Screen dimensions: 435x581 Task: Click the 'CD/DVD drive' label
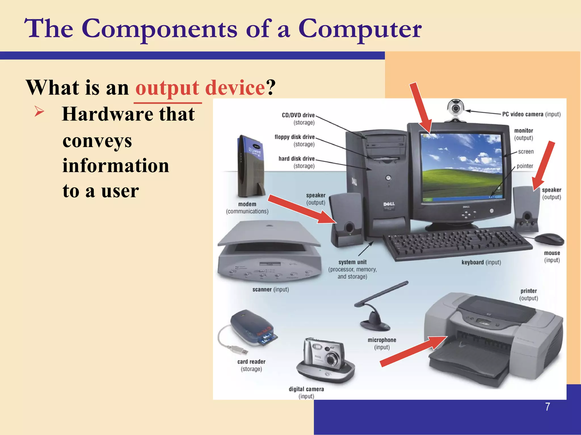tap(298, 115)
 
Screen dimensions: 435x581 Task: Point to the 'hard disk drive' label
tap(296, 159)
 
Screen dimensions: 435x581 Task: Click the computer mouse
tap(549, 239)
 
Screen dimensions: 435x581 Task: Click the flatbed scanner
tap(270, 252)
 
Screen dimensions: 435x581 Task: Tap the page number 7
tap(547, 407)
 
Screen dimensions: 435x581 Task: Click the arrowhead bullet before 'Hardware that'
tap(39, 111)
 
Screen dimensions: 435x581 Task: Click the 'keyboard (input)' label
tap(481, 262)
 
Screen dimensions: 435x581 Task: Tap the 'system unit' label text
tap(352, 262)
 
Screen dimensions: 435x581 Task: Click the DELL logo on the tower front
tap(389, 204)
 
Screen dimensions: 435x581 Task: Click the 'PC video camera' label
tap(523, 114)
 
